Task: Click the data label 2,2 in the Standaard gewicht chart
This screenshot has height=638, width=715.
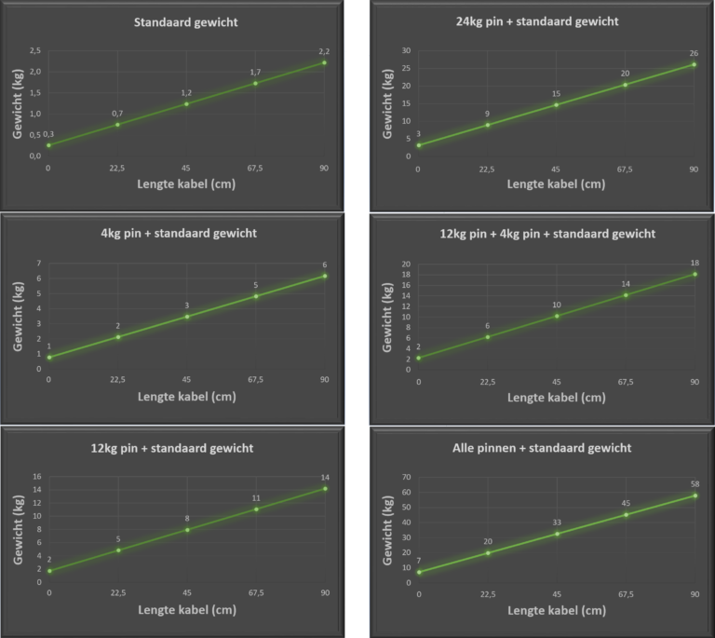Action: click(x=324, y=50)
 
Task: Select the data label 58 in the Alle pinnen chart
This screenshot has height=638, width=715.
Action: click(x=694, y=483)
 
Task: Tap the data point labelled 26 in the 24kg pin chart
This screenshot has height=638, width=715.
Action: click(x=694, y=64)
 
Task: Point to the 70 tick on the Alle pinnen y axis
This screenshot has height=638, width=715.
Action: click(x=405, y=477)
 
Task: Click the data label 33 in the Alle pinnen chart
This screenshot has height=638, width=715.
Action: click(x=557, y=523)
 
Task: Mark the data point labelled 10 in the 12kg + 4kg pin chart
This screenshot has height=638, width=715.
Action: click(x=557, y=316)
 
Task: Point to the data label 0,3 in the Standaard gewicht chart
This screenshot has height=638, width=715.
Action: click(x=48, y=134)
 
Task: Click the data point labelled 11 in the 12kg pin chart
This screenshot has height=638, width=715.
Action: click(x=256, y=509)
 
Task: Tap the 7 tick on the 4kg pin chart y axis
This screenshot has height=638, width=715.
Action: click(x=37, y=265)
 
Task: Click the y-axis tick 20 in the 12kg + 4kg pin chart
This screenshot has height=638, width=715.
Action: click(x=405, y=265)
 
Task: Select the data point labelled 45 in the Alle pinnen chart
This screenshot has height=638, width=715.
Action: click(x=626, y=514)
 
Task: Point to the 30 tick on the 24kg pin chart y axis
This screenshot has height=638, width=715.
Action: click(x=405, y=50)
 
